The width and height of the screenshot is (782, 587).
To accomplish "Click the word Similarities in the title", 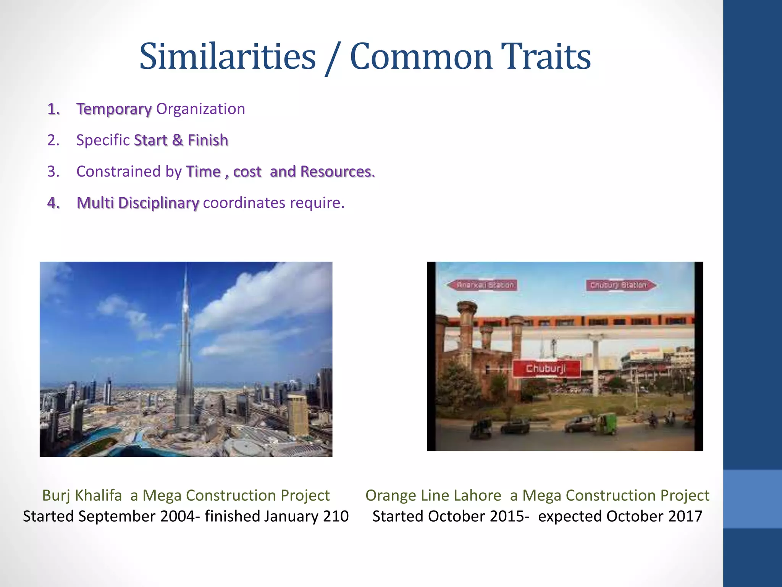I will click(x=228, y=57).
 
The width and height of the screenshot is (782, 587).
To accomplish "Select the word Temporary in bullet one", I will click(x=114, y=109).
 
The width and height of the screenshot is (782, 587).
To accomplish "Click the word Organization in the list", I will click(x=200, y=109).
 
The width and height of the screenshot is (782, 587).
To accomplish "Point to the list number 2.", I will click(x=53, y=140).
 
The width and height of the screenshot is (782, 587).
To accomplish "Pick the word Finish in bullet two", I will click(x=208, y=140).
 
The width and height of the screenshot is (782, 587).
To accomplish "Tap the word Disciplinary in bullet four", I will click(x=158, y=203).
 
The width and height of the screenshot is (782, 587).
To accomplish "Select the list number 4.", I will click(x=53, y=203).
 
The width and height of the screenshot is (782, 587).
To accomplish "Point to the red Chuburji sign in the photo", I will click(x=546, y=368).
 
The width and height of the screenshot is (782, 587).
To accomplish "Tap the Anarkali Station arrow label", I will click(x=483, y=285).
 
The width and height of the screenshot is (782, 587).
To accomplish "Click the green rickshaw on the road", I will click(x=606, y=423).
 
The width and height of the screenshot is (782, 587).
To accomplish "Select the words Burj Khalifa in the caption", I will click(x=82, y=495).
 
